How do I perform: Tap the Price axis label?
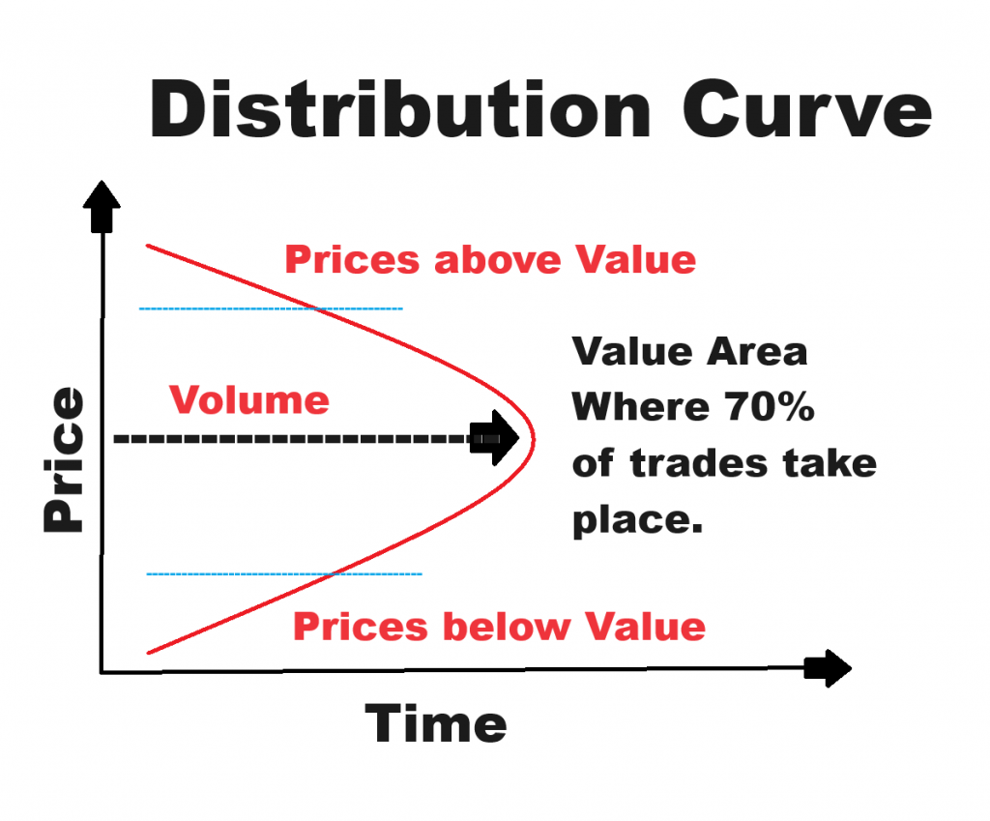click(x=64, y=459)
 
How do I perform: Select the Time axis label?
click(x=435, y=723)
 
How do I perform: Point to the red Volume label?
click(x=248, y=399)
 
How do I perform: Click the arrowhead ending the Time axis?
click(x=829, y=668)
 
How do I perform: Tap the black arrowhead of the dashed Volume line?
click(x=496, y=438)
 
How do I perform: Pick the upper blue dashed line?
click(x=271, y=308)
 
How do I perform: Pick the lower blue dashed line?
click(x=284, y=574)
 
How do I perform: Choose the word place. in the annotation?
click(x=634, y=519)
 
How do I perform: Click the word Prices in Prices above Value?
click(x=352, y=260)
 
